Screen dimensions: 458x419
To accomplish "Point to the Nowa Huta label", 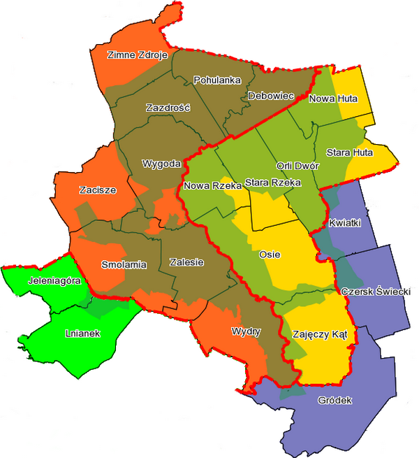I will tap(333, 99).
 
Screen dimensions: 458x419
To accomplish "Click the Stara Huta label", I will tap(349, 152).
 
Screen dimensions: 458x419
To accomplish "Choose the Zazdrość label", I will tap(166, 108).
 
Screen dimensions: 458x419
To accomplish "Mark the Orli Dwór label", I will tap(297, 166).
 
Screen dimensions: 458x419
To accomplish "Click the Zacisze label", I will tap(97, 189).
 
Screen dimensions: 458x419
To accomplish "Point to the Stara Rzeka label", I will tap(272, 183).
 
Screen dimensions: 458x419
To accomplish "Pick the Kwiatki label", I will tap(344, 222).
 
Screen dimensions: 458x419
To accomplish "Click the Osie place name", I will tap(270, 255).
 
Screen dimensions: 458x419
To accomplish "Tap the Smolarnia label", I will tap(124, 265).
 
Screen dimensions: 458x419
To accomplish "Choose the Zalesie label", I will tap(186, 262).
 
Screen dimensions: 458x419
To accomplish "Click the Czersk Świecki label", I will tap(375, 291).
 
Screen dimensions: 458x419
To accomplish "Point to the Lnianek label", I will tap(83, 333).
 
